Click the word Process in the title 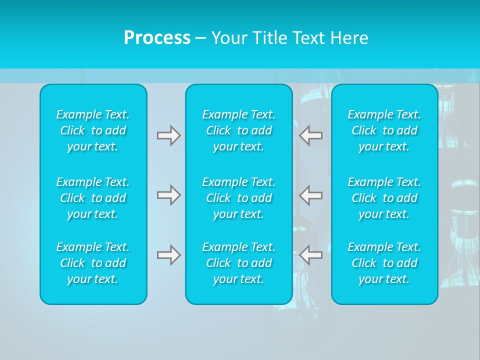pos(157,38)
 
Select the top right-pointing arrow pos(168,135)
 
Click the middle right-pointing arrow pos(168,195)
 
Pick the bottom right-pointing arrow pos(168,255)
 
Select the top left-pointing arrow pos(311,135)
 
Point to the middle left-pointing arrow pos(311,195)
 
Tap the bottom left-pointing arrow pos(311,255)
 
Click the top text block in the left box pos(93,130)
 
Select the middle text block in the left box pos(93,198)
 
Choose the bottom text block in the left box pos(93,263)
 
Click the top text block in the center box pos(239,130)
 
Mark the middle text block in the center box pos(239,198)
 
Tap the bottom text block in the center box pos(239,263)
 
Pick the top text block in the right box pos(384,130)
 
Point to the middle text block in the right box pos(384,198)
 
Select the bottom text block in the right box pos(384,263)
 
